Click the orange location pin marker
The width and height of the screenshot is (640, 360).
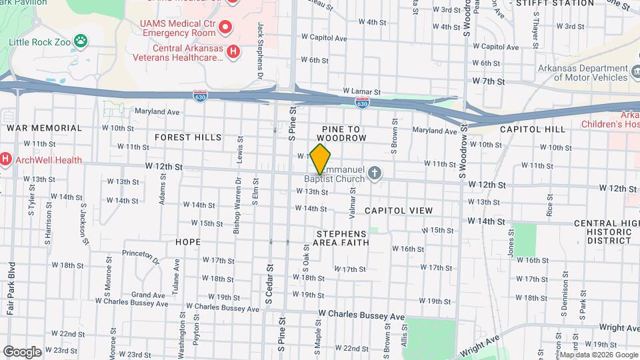tap(320, 159)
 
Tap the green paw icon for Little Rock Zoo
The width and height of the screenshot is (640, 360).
tap(81, 41)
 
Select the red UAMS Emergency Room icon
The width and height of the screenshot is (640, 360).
tap(225, 27)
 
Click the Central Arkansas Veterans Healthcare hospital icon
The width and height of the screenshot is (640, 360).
tap(233, 51)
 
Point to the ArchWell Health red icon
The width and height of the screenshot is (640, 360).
tap(5, 159)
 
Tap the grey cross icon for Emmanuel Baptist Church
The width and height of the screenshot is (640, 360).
tap(375, 173)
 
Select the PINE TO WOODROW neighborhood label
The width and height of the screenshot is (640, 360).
tap(344, 133)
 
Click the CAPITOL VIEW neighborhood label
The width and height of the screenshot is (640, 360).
tap(399, 211)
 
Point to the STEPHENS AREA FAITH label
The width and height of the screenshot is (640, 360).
tap(341, 238)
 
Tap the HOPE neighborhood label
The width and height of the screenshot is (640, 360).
tap(188, 242)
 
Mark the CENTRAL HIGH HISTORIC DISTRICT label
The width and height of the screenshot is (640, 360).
tap(602, 232)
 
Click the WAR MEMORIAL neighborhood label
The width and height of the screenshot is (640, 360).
tap(44, 128)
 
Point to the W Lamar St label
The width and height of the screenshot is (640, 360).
tap(361, 91)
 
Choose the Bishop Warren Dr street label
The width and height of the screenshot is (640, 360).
tap(237, 214)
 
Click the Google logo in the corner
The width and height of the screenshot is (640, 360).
tap(22, 351)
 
